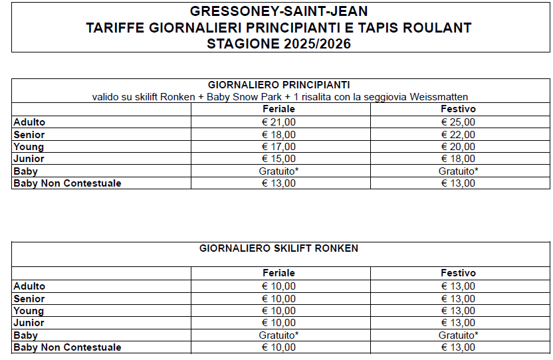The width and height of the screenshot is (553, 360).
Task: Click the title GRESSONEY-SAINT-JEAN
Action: pyautogui.click(x=278, y=11)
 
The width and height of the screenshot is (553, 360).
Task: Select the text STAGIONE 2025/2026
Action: pyautogui.click(x=278, y=44)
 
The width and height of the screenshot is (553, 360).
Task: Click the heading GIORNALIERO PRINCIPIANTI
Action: pyautogui.click(x=278, y=85)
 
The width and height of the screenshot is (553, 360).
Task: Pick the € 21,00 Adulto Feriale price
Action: pyautogui.click(x=278, y=122)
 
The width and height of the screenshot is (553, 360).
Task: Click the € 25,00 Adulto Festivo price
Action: pyautogui.click(x=458, y=122)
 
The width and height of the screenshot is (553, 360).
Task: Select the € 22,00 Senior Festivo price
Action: pyautogui.click(x=458, y=135)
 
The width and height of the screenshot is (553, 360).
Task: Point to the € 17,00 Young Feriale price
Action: pyautogui.click(x=278, y=147)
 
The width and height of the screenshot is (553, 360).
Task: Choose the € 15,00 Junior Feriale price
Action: pyautogui.click(x=278, y=159)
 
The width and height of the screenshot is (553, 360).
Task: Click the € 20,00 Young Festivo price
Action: pyautogui.click(x=458, y=147)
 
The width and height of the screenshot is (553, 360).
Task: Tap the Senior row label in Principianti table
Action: pyautogui.click(x=29, y=135)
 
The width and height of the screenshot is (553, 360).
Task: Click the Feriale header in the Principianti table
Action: pyautogui.click(x=278, y=109)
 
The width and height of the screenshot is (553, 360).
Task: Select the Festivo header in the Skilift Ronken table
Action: pyautogui.click(x=458, y=273)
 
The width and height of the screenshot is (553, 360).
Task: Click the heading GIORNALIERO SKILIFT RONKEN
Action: pyautogui.click(x=278, y=248)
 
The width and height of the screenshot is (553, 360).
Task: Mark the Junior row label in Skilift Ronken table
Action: pyautogui.click(x=29, y=323)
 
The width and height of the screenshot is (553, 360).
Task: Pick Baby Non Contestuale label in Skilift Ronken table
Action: pyautogui.click(x=67, y=347)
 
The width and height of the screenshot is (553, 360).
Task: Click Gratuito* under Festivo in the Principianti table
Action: pyautogui.click(x=458, y=171)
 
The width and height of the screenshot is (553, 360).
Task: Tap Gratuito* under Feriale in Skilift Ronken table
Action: pyautogui.click(x=278, y=335)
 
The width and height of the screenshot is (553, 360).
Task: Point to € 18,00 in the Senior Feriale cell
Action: pyautogui.click(x=278, y=135)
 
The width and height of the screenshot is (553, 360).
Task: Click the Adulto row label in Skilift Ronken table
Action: pyautogui.click(x=29, y=286)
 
